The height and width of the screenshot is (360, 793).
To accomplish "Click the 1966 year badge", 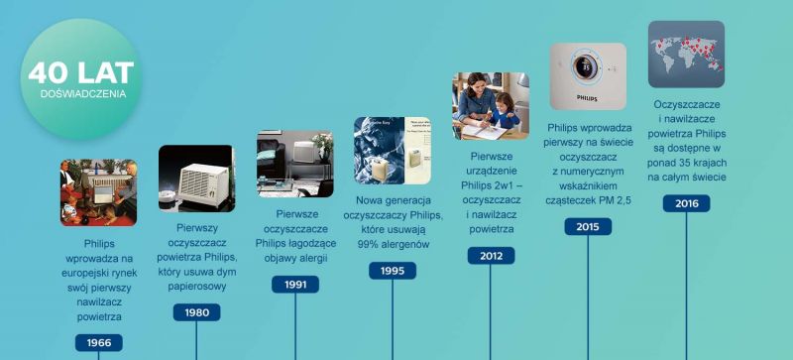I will point(99,343).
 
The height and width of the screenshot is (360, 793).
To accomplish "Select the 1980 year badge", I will point(196,312).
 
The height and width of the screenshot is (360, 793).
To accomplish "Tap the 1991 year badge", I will point(295,285).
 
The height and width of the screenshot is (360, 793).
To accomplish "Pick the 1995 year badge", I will point(393,270).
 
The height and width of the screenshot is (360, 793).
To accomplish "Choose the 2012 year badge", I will point(491,256).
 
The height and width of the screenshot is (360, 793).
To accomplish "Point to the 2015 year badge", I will point(588,226).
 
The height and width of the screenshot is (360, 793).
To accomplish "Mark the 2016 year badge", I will point(686,203).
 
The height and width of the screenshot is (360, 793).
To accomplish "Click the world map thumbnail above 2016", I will point(686,55).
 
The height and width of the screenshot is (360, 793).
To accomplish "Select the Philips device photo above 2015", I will point(588,75).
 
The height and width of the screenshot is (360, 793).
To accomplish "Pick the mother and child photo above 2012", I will point(491,106).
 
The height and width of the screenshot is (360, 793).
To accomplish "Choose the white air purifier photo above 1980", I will point(196,179).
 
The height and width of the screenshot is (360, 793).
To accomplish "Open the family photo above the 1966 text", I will point(99,192).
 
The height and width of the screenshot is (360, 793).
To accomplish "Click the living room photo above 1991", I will point(295,164).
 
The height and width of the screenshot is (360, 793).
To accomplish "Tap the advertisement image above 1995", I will point(393,150).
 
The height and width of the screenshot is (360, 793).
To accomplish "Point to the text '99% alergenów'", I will point(393,244).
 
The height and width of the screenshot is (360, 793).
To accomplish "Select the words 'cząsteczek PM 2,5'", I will point(588,199).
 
